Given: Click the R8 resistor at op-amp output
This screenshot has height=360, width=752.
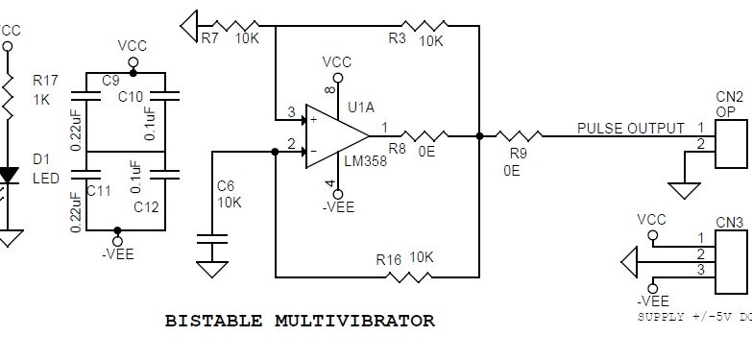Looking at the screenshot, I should click(424, 135).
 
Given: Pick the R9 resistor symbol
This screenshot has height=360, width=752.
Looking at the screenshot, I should click(518, 135).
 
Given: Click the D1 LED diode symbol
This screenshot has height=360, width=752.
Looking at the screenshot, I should click(9, 176).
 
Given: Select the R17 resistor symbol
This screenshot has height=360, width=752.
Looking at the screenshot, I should click(9, 92).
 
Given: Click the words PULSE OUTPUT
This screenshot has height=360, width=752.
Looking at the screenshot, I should click(630, 128).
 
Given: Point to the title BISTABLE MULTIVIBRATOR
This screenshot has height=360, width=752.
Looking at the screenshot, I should click(301, 320).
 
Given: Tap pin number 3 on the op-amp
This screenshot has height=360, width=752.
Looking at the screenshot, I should click(290, 113).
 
